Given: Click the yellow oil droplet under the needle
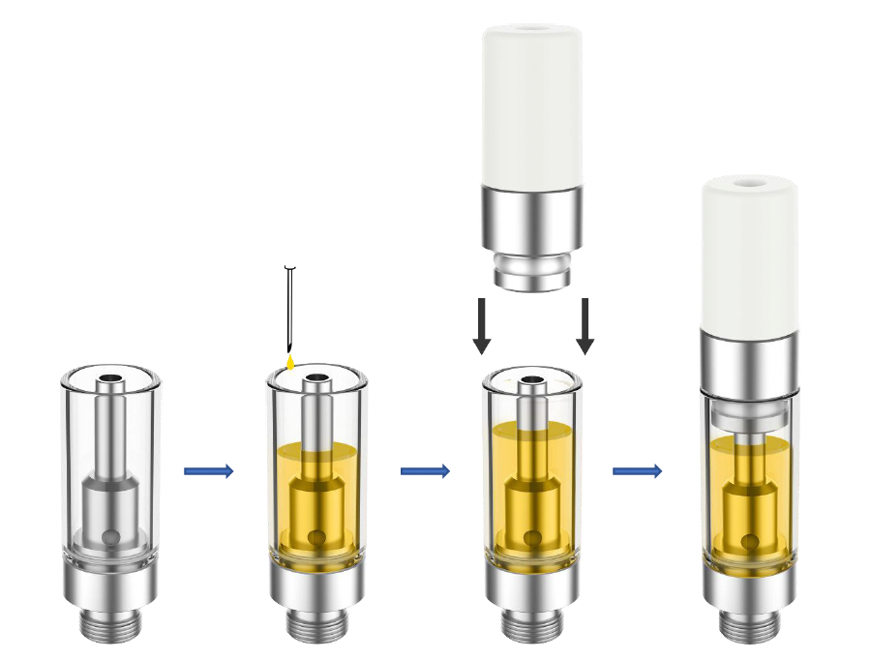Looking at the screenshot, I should [289, 362].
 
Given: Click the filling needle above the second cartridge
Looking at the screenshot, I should [289, 310].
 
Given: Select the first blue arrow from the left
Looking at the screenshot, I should [209, 471].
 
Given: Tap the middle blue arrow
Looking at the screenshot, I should [425, 471].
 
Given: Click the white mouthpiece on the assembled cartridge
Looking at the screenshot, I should [749, 252].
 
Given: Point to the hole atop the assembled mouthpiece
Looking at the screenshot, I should [749, 181].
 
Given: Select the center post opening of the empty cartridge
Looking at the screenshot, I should [110, 378].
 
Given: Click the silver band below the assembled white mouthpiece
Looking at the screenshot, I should [749, 358].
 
